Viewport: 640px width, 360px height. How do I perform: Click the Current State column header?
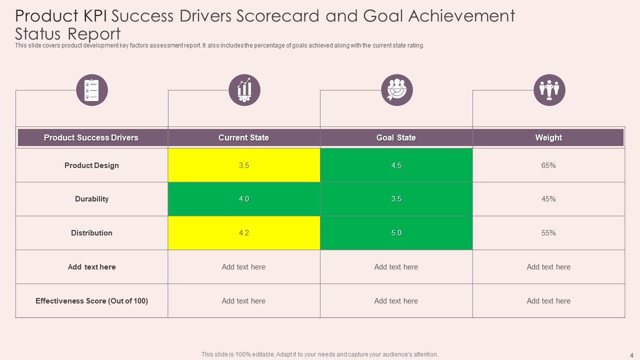[x=243, y=137]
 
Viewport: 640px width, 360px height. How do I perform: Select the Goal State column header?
[x=396, y=137]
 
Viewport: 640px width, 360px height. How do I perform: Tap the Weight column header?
[x=548, y=137]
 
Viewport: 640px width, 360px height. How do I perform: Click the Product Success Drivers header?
[x=91, y=137]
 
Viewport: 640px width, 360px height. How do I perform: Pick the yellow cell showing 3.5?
[x=243, y=165]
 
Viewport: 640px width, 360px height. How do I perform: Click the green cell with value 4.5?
[x=396, y=165]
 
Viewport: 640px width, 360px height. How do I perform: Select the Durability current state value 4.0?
[x=243, y=199]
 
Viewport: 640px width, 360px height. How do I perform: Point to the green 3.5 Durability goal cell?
[x=396, y=199]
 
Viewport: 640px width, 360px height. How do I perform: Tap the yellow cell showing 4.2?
[x=243, y=233]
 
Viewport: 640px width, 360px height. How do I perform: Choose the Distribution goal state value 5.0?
[x=396, y=233]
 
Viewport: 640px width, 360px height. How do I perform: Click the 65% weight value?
[x=548, y=165]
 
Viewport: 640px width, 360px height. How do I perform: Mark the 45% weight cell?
[x=548, y=199]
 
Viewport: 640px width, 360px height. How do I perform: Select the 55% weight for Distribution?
[x=548, y=233]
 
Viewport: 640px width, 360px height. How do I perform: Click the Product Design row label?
[x=91, y=165]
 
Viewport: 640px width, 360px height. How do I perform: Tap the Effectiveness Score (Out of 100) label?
[x=91, y=301]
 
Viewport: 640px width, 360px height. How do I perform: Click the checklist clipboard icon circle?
[x=92, y=90]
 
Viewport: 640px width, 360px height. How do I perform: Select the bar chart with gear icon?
[x=244, y=90]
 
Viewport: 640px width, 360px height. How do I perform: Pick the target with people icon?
[x=397, y=90]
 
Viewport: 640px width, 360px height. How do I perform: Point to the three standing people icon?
[x=549, y=90]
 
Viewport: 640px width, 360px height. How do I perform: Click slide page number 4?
[x=631, y=355]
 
